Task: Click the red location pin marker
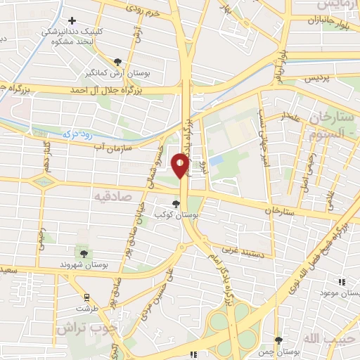click(x=181, y=165)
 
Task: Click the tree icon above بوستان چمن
click(x=279, y=340)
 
